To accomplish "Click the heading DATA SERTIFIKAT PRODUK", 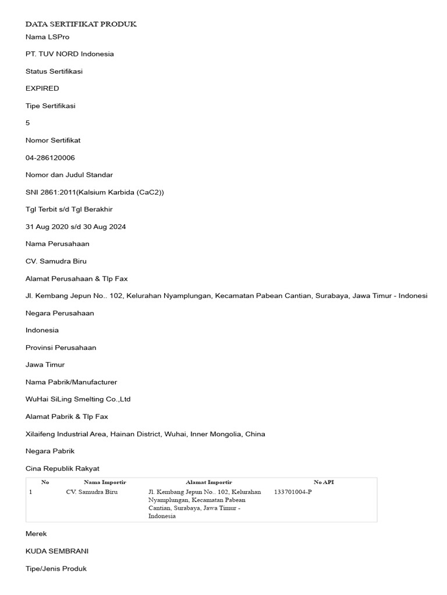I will (x=81, y=24).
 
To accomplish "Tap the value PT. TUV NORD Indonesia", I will (x=70, y=54).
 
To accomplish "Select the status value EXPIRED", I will (x=42, y=88).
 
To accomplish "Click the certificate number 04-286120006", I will (x=50, y=157).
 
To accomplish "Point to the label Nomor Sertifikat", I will (x=53, y=140).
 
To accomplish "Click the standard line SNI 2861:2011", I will (x=95, y=192).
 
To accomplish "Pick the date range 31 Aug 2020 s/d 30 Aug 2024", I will (x=76, y=227).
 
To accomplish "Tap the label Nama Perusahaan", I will (x=58, y=244).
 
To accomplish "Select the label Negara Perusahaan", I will (x=60, y=313).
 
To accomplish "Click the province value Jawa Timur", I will (x=45, y=365).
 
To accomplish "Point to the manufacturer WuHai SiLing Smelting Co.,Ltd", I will (x=78, y=399).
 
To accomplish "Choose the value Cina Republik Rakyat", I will (x=63, y=468).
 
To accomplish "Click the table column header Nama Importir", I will (x=105, y=482).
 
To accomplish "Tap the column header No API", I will (x=324, y=482).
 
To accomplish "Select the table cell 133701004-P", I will (x=293, y=492).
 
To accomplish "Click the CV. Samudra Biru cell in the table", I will (x=92, y=492).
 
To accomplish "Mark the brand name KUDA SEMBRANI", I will (x=57, y=551).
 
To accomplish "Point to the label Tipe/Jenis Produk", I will (x=56, y=568).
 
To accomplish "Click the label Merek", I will (x=36, y=533).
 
